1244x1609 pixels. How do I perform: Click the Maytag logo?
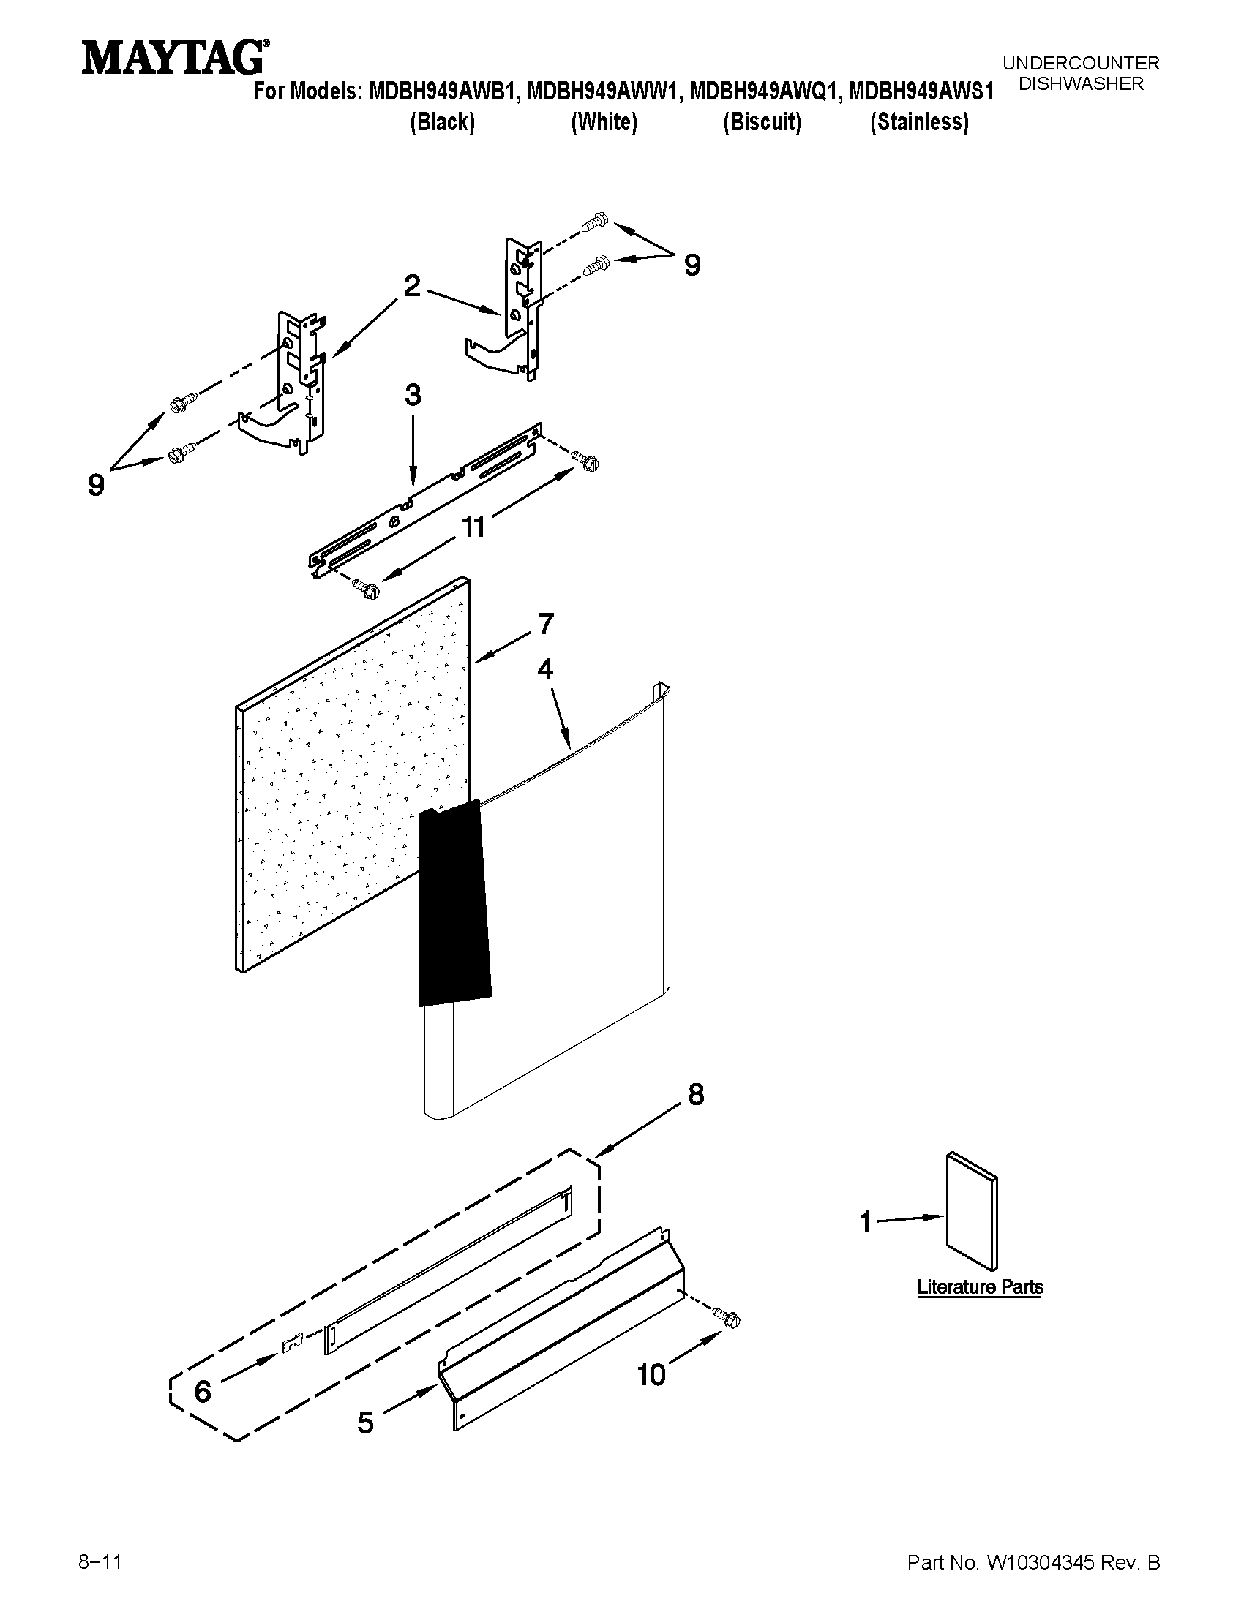point(174,58)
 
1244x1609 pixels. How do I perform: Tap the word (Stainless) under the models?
point(919,121)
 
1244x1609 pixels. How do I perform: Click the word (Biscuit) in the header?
point(761,121)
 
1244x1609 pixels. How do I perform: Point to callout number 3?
point(413,395)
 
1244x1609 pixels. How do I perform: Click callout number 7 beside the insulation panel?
point(545,624)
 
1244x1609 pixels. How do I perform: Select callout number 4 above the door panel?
point(544,669)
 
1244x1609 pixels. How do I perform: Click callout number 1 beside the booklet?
point(866,1222)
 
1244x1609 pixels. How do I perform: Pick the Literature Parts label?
point(979,1287)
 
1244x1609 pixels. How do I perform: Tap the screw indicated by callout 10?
point(730,1319)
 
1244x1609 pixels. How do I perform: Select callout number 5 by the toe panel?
point(367,1423)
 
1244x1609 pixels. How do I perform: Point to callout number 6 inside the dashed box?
point(203,1392)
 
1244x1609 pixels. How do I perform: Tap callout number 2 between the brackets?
point(412,286)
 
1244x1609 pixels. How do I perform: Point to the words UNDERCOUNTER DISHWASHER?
point(1080,74)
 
